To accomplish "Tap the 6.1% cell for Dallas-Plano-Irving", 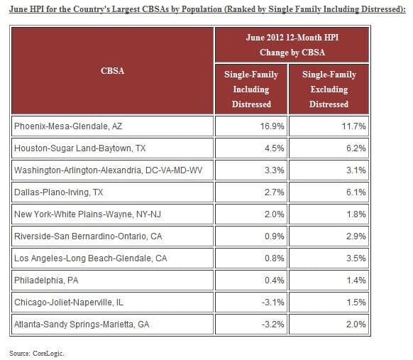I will pos(356,192).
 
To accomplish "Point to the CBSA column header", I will pos(113,71).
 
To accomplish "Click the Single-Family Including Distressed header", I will pos(251,89).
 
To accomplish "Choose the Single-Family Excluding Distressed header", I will pos(329,89).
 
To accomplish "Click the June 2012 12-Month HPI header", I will pos(290,43).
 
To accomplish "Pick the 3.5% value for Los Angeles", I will pos(356,258).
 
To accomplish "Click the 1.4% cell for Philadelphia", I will pos(356,280).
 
